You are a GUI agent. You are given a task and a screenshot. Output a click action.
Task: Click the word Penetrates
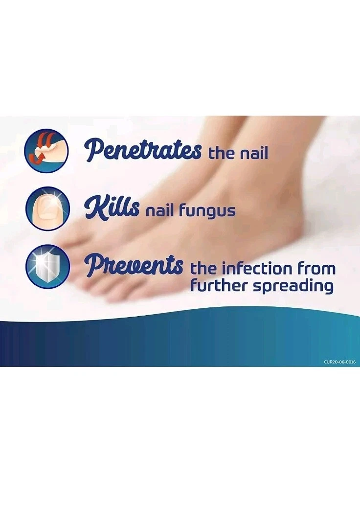coord(143,149)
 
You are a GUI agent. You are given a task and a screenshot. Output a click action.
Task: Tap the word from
coord(317,269)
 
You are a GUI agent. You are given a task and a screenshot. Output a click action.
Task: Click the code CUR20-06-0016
coord(339,362)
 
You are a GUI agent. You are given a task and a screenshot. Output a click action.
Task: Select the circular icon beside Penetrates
coord(46,150)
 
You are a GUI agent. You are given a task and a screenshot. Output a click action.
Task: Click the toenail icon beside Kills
coord(47,209)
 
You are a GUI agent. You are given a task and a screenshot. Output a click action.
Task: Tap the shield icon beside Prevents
coord(47,266)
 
